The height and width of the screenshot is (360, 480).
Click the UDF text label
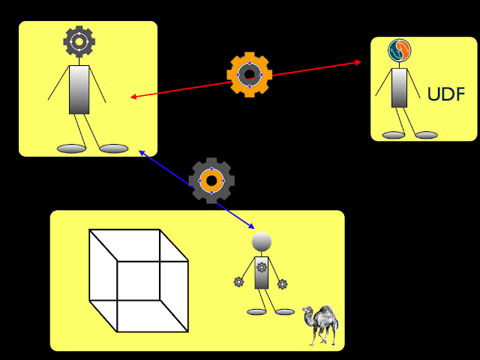[445, 94]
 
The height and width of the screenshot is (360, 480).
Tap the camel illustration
[321, 324]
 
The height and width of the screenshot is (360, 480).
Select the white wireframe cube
[139, 280]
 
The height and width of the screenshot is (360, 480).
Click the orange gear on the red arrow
[249, 74]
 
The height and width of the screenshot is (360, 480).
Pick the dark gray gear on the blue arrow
[211, 180]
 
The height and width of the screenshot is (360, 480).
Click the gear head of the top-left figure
[79, 42]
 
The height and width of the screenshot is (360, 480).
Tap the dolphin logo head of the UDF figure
[399, 51]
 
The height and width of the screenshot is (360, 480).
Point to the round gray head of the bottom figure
[261, 241]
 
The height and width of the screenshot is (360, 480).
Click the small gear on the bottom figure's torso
[262, 267]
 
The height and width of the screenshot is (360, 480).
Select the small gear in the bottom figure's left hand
[238, 282]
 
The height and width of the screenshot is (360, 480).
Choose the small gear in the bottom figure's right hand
[283, 284]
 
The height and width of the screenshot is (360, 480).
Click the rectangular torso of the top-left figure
[79, 90]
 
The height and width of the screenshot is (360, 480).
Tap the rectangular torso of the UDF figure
[400, 88]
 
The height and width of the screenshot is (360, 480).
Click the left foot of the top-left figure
[72, 148]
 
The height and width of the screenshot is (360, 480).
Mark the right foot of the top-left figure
[114, 148]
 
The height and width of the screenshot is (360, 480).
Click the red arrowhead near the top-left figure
[133, 97]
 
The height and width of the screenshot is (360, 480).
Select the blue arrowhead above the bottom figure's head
[252, 226]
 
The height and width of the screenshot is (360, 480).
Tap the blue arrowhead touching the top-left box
[142, 152]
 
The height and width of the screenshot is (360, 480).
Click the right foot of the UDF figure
[426, 135]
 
